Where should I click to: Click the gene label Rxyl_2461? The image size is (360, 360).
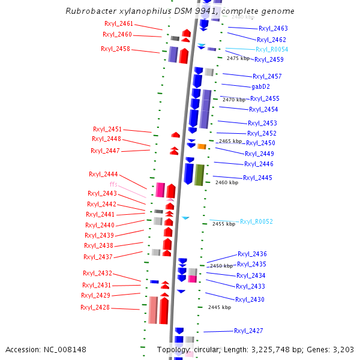point(119,23)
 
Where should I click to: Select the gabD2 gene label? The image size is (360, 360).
point(260,87)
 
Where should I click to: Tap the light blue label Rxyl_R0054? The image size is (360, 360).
point(272,49)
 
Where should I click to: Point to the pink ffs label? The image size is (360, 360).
point(113,184)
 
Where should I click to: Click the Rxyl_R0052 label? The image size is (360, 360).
point(256,222)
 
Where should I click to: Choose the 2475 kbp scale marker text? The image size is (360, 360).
point(238,59)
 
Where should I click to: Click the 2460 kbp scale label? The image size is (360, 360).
point(227,182)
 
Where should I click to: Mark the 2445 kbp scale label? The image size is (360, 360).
point(220,307)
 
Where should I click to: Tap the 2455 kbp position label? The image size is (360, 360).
point(223,224)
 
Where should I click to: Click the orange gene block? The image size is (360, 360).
point(202,146)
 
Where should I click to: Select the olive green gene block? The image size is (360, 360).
point(199,174)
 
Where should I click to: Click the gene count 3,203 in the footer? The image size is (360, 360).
point(343,350)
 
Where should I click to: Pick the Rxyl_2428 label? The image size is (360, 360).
point(95,307)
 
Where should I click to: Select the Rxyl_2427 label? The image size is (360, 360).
point(248,331)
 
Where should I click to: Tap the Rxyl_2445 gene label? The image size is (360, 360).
point(257,178)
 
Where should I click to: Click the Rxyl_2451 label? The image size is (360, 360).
point(107,129)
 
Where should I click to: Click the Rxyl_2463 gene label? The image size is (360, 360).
point(273,28)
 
